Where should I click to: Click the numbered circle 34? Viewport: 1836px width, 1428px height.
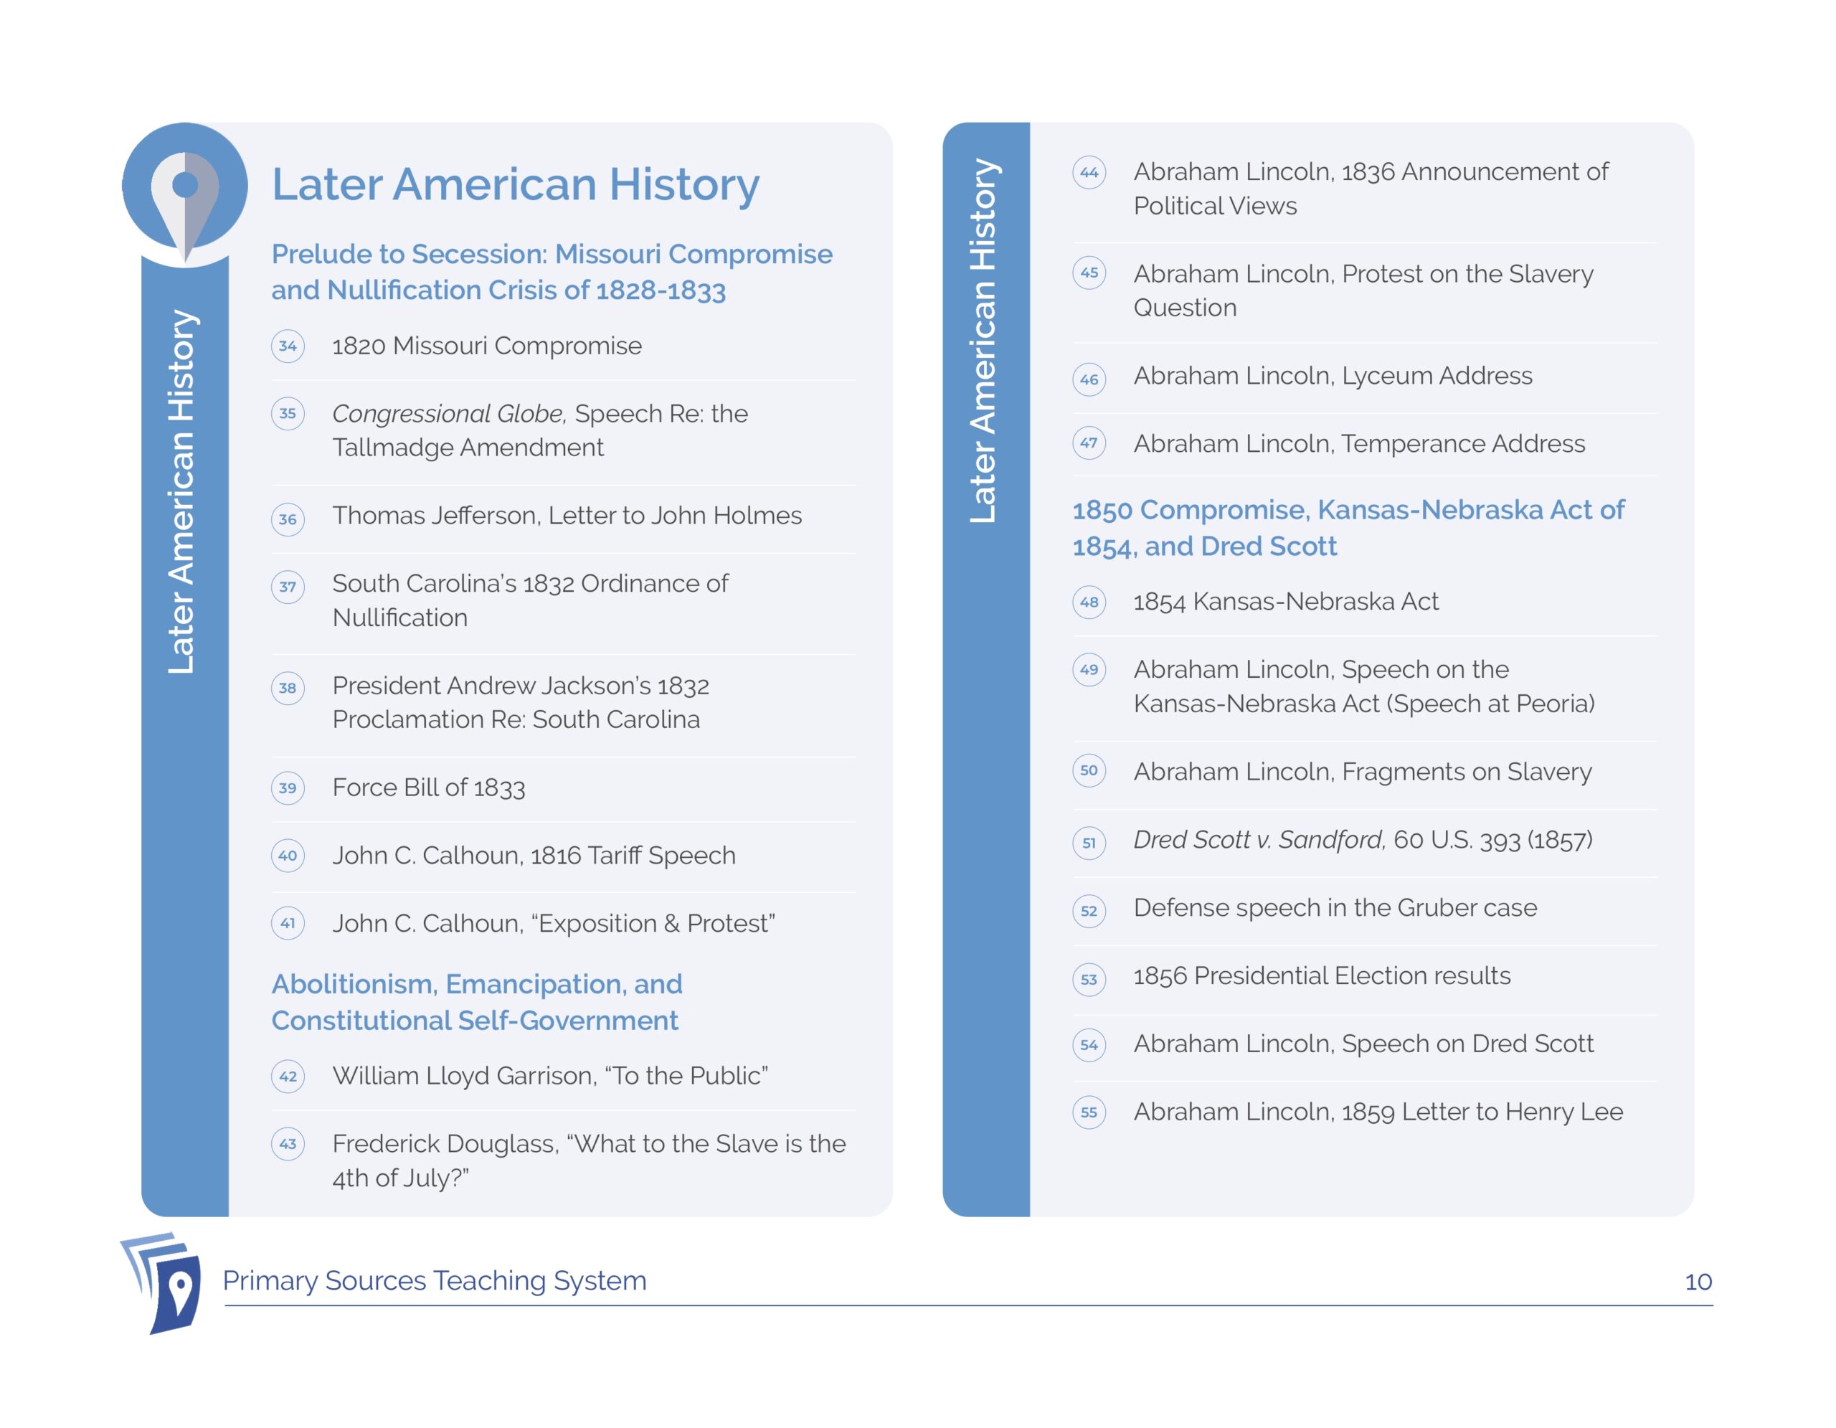(x=288, y=346)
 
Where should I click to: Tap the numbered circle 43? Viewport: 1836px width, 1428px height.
(x=288, y=1143)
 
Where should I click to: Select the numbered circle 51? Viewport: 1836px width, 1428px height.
(x=1089, y=842)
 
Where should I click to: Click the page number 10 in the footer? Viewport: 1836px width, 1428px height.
(x=1698, y=1282)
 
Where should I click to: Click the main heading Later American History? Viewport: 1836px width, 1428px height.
(x=516, y=184)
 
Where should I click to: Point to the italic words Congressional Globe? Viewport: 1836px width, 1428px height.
(x=449, y=414)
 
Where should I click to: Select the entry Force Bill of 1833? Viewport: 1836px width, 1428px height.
(x=428, y=788)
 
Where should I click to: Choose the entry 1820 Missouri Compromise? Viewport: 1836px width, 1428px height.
(x=487, y=346)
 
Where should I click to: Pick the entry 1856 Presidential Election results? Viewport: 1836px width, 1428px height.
(x=1322, y=976)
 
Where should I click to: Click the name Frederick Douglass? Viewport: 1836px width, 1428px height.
(x=445, y=1144)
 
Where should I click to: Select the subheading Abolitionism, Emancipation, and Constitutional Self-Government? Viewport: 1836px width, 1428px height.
(x=477, y=1002)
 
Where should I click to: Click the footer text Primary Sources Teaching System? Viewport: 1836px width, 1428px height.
(x=435, y=1281)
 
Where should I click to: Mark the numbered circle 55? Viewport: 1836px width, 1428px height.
(x=1089, y=1112)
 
